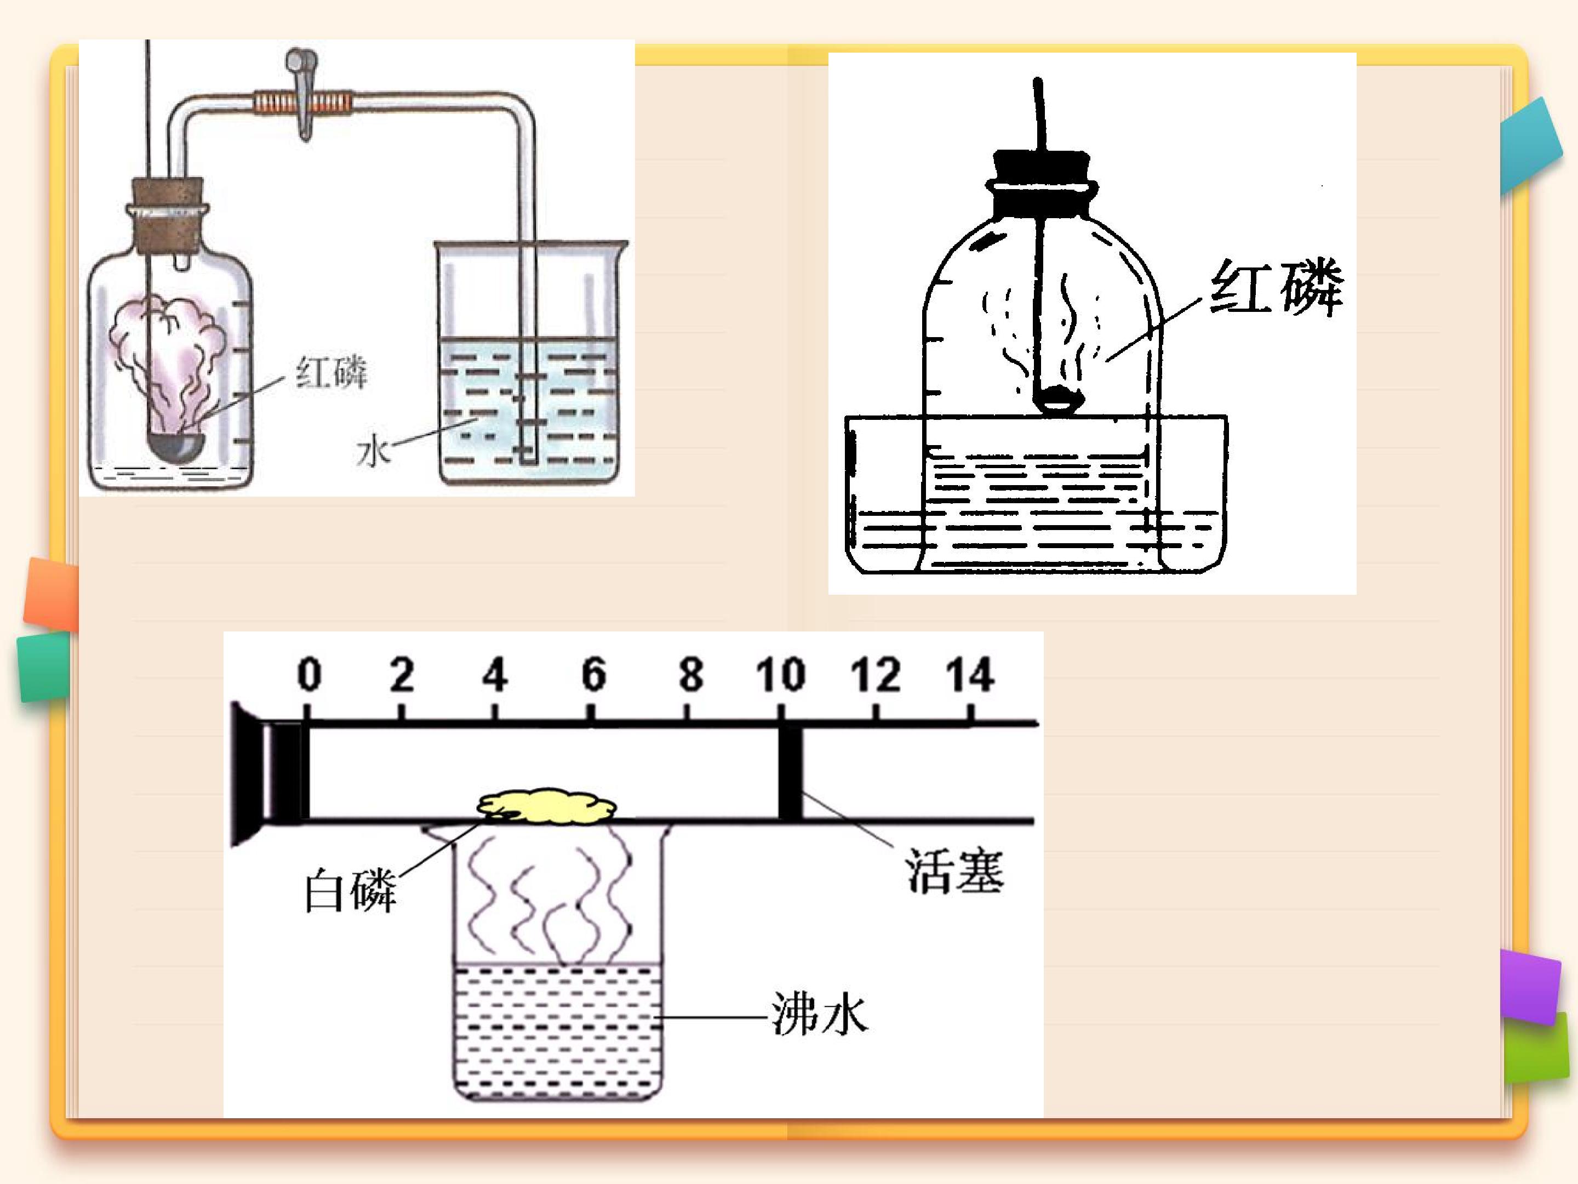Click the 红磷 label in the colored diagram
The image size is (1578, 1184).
tap(331, 373)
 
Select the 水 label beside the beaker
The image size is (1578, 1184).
tap(374, 451)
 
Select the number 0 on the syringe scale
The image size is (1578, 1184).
tap(309, 674)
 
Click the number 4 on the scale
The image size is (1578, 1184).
tap(495, 674)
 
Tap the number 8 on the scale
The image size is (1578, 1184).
tap(690, 674)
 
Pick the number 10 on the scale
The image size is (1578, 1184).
tap(781, 674)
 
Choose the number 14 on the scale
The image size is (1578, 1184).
tap(969, 674)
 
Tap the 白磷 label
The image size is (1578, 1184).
tap(350, 891)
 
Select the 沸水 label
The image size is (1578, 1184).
tap(819, 1015)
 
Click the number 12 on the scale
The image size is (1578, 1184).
tap(876, 674)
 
